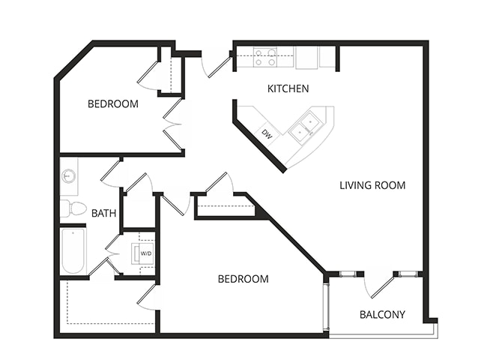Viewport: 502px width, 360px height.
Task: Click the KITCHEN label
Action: coord(288,88)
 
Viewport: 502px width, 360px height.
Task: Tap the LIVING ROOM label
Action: coord(372,185)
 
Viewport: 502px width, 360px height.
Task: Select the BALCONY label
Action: coord(382,314)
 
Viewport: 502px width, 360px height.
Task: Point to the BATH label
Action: coord(103,213)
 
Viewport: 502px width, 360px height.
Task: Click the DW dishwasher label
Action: coord(267,134)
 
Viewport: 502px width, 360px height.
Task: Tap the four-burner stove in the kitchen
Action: coord(264,57)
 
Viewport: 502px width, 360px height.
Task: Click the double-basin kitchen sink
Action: coord(306,127)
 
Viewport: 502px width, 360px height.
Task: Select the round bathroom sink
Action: coord(68,176)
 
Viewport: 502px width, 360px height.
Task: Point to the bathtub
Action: coord(73,250)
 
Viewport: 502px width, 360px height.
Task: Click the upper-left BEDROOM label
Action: coord(112,104)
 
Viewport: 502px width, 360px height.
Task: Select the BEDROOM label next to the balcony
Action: coord(243,279)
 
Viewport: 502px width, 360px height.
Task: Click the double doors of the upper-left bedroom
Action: coord(172,124)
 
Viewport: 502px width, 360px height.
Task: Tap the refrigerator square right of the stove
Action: coord(306,58)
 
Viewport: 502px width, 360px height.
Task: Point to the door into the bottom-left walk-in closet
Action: coord(148,298)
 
